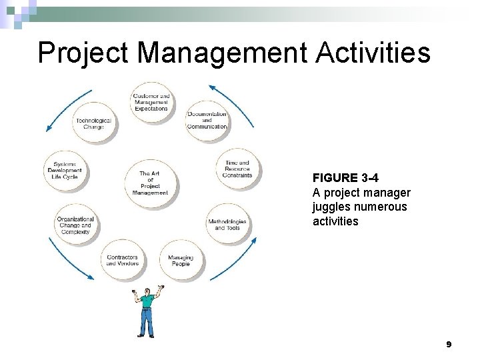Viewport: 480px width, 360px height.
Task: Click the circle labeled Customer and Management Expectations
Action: (151, 101)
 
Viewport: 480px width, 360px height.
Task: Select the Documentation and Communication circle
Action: (207, 120)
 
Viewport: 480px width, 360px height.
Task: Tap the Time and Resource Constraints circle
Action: (238, 169)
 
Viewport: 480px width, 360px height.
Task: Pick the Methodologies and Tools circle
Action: (227, 224)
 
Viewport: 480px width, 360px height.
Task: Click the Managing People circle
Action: (181, 260)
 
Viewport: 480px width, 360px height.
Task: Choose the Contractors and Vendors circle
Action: (123, 260)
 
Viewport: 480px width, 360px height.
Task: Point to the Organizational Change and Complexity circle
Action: (75, 225)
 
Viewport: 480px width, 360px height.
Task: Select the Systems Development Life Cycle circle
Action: (65, 170)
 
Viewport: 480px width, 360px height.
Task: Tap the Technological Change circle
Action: (94, 123)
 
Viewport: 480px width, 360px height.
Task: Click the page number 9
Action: (449, 345)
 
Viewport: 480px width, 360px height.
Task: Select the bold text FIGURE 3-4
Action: (344, 179)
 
